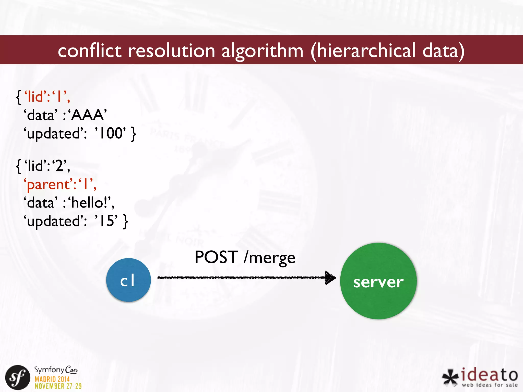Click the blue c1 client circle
pyautogui.click(x=128, y=280)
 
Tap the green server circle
pyautogui.click(x=378, y=281)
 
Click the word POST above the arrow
pyautogui.click(x=216, y=257)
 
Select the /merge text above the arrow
pyautogui.click(x=270, y=258)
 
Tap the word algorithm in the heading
pyautogui.click(x=262, y=51)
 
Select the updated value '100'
pyautogui.click(x=110, y=133)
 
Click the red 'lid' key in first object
pyautogui.click(x=36, y=97)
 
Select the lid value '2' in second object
pyautogui.click(x=60, y=166)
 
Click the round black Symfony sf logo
pyautogui.click(x=18, y=377)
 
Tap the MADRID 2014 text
pyautogui.click(x=52, y=379)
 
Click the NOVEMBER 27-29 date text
pyautogui.click(x=58, y=386)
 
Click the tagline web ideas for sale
pyautogui.click(x=490, y=385)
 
